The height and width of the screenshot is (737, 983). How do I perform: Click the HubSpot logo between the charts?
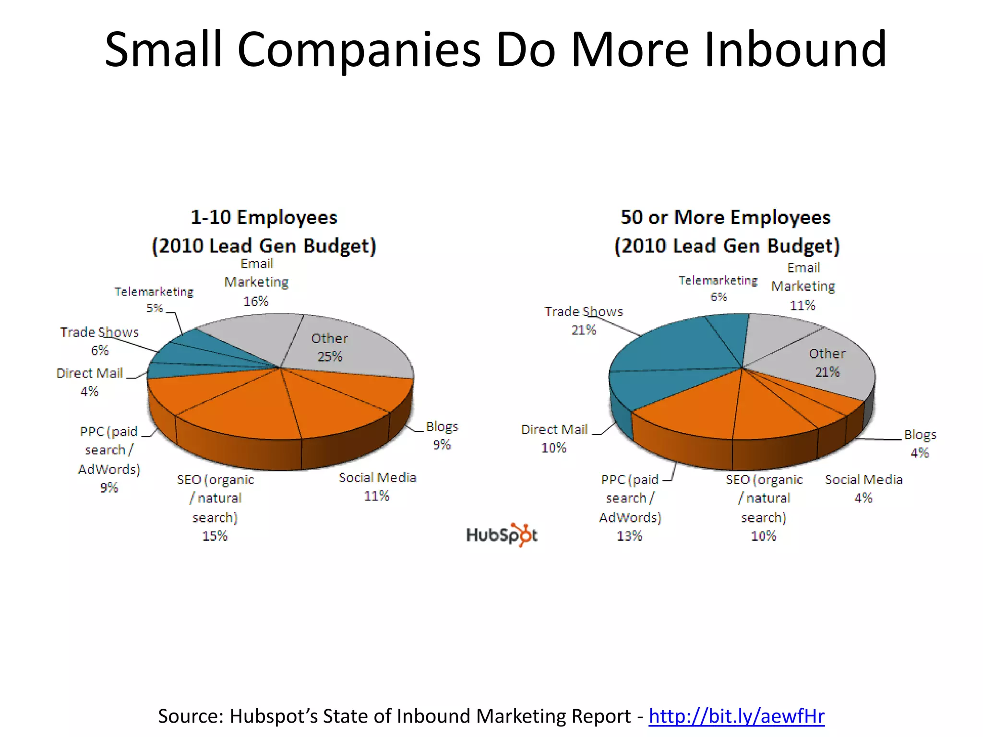click(x=502, y=535)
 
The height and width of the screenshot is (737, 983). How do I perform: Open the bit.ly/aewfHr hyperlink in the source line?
click(x=736, y=716)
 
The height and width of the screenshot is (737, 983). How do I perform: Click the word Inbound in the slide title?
click(x=795, y=49)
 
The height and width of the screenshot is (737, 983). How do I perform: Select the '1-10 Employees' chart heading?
click(x=264, y=217)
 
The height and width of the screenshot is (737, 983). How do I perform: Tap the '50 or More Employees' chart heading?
click(x=725, y=217)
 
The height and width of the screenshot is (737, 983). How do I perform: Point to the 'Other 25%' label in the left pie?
click(x=329, y=347)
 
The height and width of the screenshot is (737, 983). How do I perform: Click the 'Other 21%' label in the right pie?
click(x=827, y=363)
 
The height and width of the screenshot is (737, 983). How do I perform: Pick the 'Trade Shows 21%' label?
click(x=584, y=321)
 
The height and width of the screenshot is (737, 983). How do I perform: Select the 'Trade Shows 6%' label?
click(x=99, y=341)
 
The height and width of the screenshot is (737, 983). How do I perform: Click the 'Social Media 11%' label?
click(x=377, y=487)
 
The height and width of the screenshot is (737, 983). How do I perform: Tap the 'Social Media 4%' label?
click(x=863, y=488)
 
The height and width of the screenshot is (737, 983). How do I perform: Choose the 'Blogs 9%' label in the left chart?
click(x=442, y=435)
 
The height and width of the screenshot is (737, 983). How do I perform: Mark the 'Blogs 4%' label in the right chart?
click(x=920, y=443)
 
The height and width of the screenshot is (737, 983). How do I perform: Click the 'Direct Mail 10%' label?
click(x=554, y=438)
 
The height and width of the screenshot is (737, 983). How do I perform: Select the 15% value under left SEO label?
click(x=215, y=535)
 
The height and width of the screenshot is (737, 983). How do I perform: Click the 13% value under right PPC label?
click(x=629, y=535)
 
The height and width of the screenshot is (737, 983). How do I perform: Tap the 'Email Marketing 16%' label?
click(x=256, y=282)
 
